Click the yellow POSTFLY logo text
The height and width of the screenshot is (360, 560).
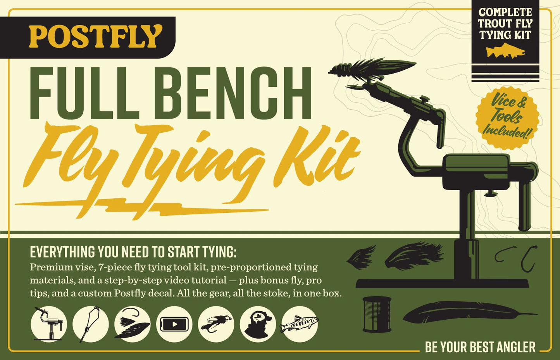click(x=95, y=36)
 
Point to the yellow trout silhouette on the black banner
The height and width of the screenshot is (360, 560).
click(x=505, y=52)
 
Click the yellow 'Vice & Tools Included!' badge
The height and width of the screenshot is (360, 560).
click(x=507, y=117)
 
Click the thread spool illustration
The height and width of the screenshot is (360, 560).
click(x=377, y=314)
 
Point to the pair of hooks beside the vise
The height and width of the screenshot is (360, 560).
click(x=516, y=258)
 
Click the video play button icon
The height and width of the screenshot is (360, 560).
click(x=174, y=324)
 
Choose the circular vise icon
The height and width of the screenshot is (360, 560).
click(x=48, y=324)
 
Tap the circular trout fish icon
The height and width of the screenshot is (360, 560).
click(x=299, y=324)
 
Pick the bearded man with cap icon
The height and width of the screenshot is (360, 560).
click(x=257, y=324)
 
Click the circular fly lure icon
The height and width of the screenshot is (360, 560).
click(x=216, y=324)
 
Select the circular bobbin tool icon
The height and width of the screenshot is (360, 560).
click(x=90, y=324)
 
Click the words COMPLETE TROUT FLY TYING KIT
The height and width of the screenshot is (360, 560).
click(x=505, y=24)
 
